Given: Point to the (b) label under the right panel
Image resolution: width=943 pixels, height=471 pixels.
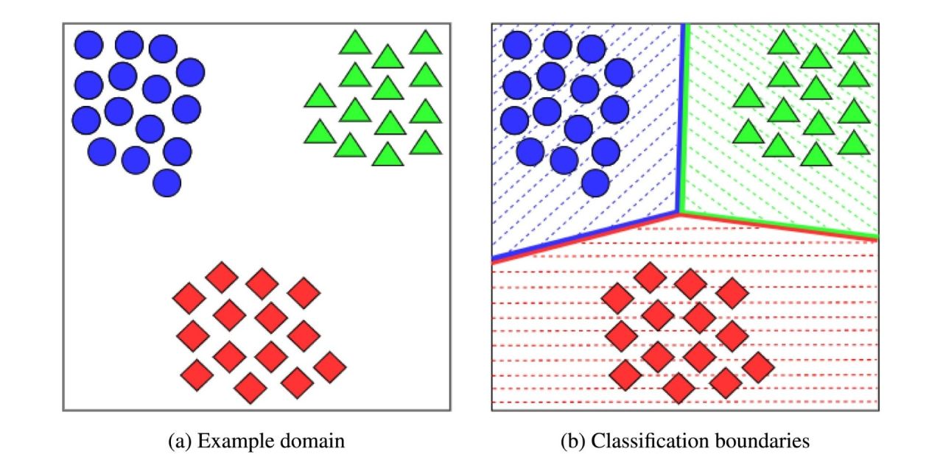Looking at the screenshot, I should tap(575, 442).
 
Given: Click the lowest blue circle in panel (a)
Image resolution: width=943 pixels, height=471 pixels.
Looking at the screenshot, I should tap(167, 183).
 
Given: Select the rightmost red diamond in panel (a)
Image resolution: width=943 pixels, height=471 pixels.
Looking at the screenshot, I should tap(329, 366).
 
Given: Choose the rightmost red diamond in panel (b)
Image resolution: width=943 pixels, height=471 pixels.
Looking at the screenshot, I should tap(757, 366).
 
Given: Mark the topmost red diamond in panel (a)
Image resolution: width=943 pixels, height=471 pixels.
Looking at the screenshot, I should tap(221, 277).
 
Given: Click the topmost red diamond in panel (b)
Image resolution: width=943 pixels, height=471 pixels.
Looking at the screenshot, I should tap(650, 277).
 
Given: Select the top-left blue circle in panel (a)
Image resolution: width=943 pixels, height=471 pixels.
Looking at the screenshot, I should tap(89, 45).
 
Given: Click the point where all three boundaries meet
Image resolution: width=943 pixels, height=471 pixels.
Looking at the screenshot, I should tap(679, 213).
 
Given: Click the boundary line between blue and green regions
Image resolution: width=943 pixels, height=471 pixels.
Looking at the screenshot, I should tap(682, 118).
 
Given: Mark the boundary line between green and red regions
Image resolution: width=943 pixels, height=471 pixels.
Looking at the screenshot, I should tap(781, 225).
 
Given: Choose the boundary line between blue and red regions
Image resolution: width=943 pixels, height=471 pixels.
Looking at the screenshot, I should tap(586, 236).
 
